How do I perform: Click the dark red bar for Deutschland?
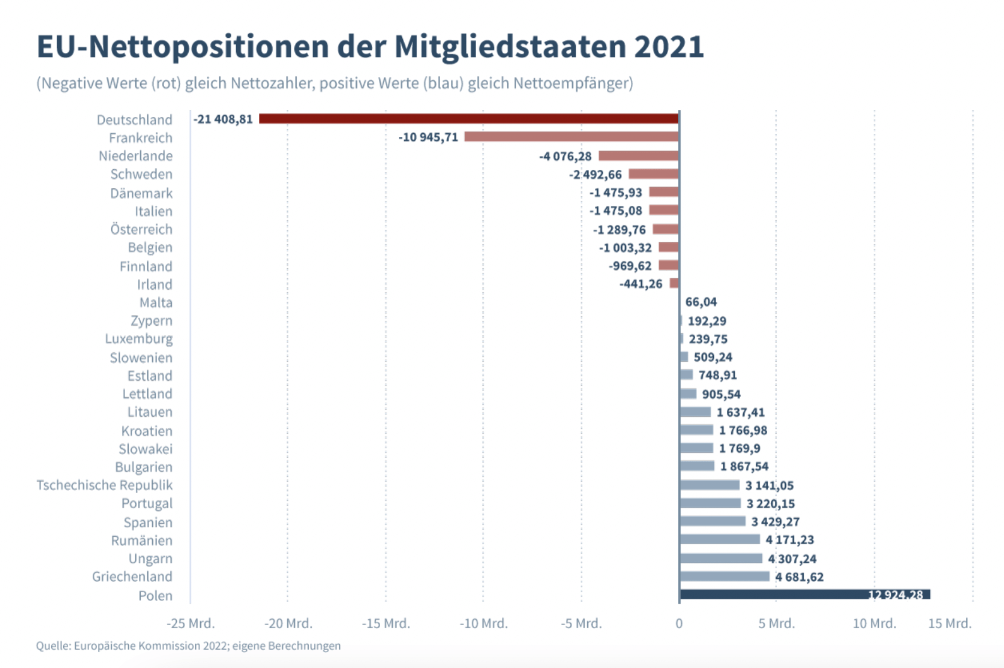pyautogui.click(x=469, y=119)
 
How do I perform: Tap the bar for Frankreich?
pyautogui.click(x=571, y=137)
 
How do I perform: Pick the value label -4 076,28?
pyautogui.click(x=565, y=156)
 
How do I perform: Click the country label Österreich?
pyautogui.click(x=141, y=229)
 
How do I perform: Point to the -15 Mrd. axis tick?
pyautogui.click(x=386, y=623)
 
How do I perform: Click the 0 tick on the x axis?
pyautogui.click(x=679, y=623)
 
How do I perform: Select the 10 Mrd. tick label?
pyautogui.click(x=874, y=623)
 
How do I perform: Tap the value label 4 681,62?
pyautogui.click(x=799, y=576)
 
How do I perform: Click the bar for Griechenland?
pyautogui.click(x=724, y=576)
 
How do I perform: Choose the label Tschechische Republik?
pyautogui.click(x=104, y=485)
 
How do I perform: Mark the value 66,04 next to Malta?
pyautogui.click(x=701, y=302)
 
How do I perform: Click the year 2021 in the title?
pyautogui.click(x=669, y=47)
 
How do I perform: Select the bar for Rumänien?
pyautogui.click(x=720, y=539)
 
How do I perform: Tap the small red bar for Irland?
pyautogui.click(x=674, y=283)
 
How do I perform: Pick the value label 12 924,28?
pyautogui.click(x=895, y=595)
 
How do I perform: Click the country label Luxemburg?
pyautogui.click(x=138, y=338)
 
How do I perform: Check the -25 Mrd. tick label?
pyautogui.click(x=190, y=623)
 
